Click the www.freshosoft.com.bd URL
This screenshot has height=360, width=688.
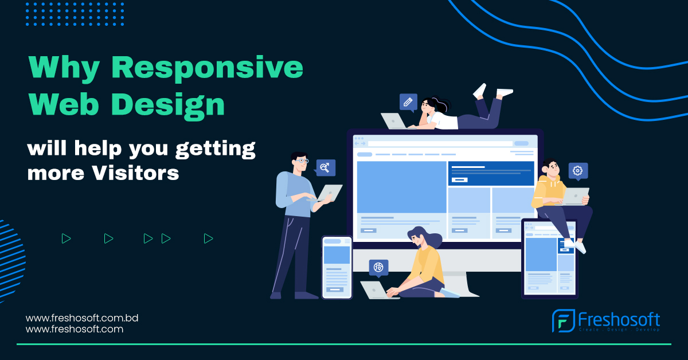83,318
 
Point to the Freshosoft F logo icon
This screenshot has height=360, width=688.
562,321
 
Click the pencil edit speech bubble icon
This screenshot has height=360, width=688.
408,103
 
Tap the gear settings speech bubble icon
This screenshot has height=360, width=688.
578,171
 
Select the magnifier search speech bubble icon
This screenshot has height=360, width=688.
325,167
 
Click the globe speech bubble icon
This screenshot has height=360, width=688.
378,267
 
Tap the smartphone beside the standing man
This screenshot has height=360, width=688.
337,267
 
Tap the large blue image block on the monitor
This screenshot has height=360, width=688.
401,187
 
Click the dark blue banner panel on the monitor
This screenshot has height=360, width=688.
491,173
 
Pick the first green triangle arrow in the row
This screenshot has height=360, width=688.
66,238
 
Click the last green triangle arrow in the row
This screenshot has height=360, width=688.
208,238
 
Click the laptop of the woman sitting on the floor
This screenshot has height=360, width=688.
375,289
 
